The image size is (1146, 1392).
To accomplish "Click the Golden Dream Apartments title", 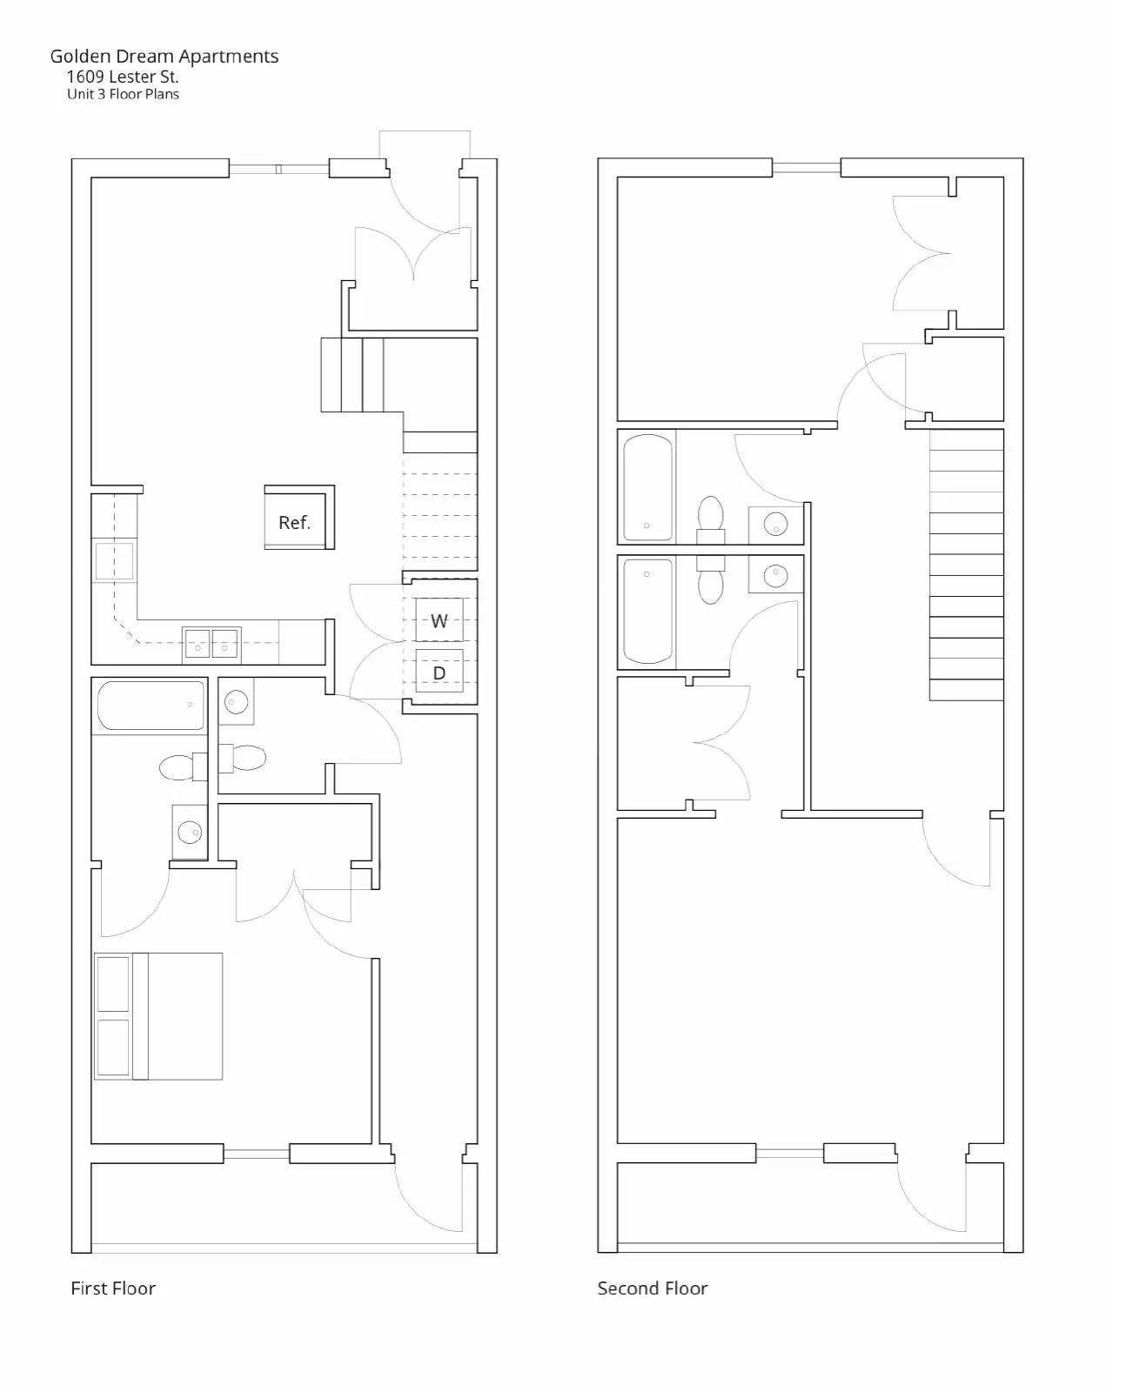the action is pos(164,57).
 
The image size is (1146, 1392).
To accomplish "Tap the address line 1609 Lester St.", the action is pos(123,77).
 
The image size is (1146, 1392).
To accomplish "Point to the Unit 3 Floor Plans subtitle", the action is pos(123,94).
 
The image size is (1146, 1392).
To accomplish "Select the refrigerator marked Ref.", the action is pos(299,518).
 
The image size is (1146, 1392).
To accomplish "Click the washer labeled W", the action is pos(439,619).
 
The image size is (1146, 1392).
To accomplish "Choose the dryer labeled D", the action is pos(439,671).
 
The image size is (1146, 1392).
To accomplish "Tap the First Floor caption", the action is pos(113,1288).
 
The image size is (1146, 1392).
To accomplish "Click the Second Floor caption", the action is pos(653,1288).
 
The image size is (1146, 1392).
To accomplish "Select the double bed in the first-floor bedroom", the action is pos(158,1016).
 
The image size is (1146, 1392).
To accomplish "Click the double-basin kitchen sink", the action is pos(211,644).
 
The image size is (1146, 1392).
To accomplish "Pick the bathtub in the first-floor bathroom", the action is pos(151,705).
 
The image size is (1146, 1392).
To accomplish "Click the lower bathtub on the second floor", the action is pos(647,612).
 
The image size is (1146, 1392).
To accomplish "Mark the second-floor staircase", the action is pos(967,565).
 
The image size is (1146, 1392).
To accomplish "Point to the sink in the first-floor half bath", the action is pos(236,701).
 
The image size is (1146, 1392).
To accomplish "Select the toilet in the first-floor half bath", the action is pos(242,758).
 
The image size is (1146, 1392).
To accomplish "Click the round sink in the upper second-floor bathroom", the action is pos(775,524).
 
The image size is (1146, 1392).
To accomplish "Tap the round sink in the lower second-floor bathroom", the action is pos(775,575).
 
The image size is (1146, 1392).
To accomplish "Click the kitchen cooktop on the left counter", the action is pos(114,561).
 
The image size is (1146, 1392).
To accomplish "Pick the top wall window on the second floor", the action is pos(806,168).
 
